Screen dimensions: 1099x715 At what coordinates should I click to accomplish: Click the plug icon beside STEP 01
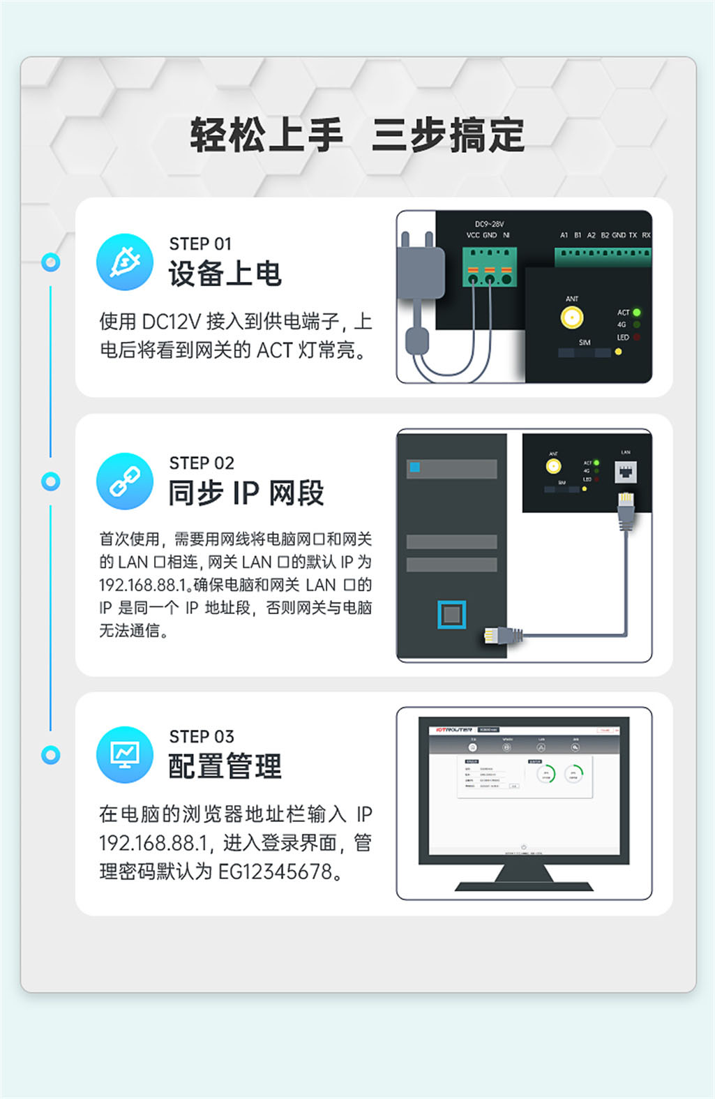click(x=124, y=262)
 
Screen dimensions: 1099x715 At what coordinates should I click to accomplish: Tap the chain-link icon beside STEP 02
click(x=124, y=481)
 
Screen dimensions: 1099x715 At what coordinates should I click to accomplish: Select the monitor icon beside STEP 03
click(x=124, y=754)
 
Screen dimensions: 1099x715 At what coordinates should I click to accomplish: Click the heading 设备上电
click(x=225, y=274)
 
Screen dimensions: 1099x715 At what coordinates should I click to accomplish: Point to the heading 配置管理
click(x=225, y=766)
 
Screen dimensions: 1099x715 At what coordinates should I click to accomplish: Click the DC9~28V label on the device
click(x=489, y=224)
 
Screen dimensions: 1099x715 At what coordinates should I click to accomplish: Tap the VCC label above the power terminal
click(x=473, y=235)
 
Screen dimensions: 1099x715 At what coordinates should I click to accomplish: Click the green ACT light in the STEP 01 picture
click(x=637, y=313)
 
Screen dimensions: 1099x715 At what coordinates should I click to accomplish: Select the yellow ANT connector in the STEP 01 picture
click(x=572, y=318)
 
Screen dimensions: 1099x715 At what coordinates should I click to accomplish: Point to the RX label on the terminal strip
click(x=646, y=235)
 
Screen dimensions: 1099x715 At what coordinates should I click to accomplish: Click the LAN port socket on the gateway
click(x=626, y=472)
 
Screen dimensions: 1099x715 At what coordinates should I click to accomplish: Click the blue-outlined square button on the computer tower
click(x=451, y=615)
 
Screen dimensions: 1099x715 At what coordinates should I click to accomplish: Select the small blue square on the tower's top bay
click(x=415, y=468)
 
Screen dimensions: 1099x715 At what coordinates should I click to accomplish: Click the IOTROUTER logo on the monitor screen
click(x=454, y=730)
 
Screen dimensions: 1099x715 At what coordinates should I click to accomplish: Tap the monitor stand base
click(x=523, y=885)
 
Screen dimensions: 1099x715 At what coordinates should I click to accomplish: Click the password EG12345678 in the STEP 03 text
click(x=275, y=872)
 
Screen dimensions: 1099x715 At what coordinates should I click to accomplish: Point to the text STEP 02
click(x=202, y=463)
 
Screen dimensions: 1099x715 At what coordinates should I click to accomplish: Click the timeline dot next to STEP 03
click(x=50, y=754)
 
